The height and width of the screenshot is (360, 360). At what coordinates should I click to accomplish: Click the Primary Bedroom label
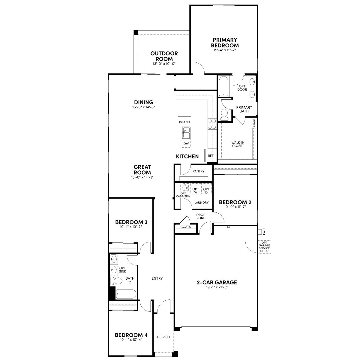225,43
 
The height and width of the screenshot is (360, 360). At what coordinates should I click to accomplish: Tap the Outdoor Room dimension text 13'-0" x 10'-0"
164,64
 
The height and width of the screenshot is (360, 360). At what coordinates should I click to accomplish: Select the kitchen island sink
186,133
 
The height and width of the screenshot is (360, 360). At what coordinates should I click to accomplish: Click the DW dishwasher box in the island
186,144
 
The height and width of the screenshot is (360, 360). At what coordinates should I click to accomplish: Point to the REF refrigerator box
211,156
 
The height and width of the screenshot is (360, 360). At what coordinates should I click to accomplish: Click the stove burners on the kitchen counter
212,124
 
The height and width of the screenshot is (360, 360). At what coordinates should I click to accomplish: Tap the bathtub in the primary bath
223,86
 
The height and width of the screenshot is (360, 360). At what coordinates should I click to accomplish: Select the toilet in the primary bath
224,114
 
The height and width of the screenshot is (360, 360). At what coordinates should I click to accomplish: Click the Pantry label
198,171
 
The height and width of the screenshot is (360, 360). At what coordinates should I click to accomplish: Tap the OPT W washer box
196,190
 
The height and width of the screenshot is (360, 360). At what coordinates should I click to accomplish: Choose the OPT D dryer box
206,190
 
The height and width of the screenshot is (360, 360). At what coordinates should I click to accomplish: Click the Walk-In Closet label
238,144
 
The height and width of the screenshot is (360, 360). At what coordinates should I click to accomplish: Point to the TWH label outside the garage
264,232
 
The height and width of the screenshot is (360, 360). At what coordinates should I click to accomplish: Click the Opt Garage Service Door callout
264,247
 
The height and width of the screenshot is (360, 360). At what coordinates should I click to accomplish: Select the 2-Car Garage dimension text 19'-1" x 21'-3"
217,287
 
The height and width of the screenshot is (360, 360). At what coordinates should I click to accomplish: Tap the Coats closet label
185,227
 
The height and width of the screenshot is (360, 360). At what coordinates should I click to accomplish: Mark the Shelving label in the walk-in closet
254,123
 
